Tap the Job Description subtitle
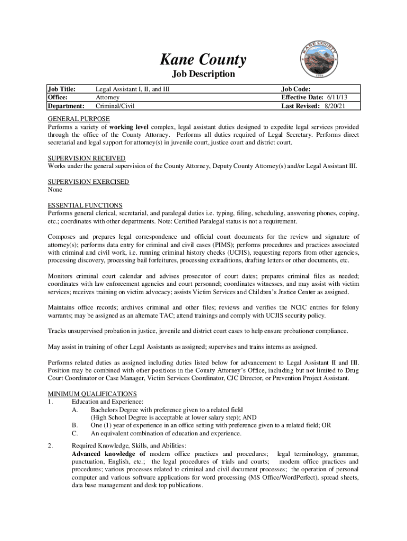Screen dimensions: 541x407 (203, 74)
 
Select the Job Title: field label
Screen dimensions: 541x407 (62, 89)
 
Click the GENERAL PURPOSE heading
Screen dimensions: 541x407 (79, 119)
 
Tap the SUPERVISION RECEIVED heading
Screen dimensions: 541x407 (86, 158)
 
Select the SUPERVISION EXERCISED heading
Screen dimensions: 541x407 (88, 182)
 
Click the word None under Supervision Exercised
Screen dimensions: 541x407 (55, 190)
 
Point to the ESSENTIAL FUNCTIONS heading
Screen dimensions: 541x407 (85, 205)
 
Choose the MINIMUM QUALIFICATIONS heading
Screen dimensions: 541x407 (92, 394)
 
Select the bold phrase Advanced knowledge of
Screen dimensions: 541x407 (109, 454)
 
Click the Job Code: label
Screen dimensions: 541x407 (296, 89)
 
